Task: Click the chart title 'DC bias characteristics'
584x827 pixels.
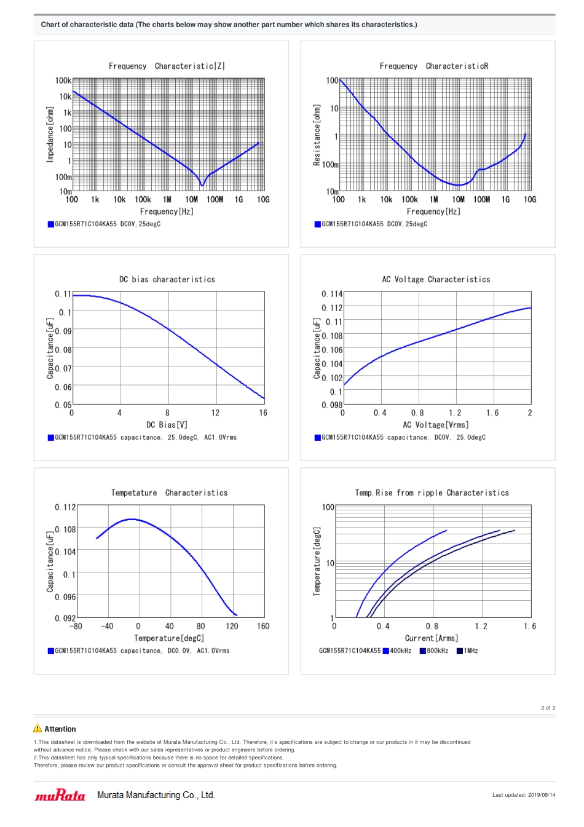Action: pos(167,280)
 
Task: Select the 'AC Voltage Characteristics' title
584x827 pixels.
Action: pos(436,280)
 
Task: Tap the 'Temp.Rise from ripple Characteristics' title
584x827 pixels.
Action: pos(432,493)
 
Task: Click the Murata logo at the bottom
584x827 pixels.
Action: pos(60,796)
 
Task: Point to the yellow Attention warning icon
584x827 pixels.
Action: pos(37,729)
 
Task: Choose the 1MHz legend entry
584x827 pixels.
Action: pos(467,651)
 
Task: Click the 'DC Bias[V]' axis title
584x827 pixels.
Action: pos(167,425)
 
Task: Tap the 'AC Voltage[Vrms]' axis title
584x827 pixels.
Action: pos(435,425)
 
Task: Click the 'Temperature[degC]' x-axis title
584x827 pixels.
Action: pos(169,638)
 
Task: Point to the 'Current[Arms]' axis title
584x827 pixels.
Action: pos(432,638)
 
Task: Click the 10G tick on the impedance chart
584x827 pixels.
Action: pos(263,200)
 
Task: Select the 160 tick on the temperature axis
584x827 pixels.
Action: pos(263,627)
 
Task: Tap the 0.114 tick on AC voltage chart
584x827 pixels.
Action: pos(332,294)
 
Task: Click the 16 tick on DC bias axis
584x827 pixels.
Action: pos(263,413)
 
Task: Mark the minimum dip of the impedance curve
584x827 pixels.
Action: pos(202,185)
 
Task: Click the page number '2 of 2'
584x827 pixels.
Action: pos(548,708)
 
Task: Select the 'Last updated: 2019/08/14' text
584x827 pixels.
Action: pos(523,795)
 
